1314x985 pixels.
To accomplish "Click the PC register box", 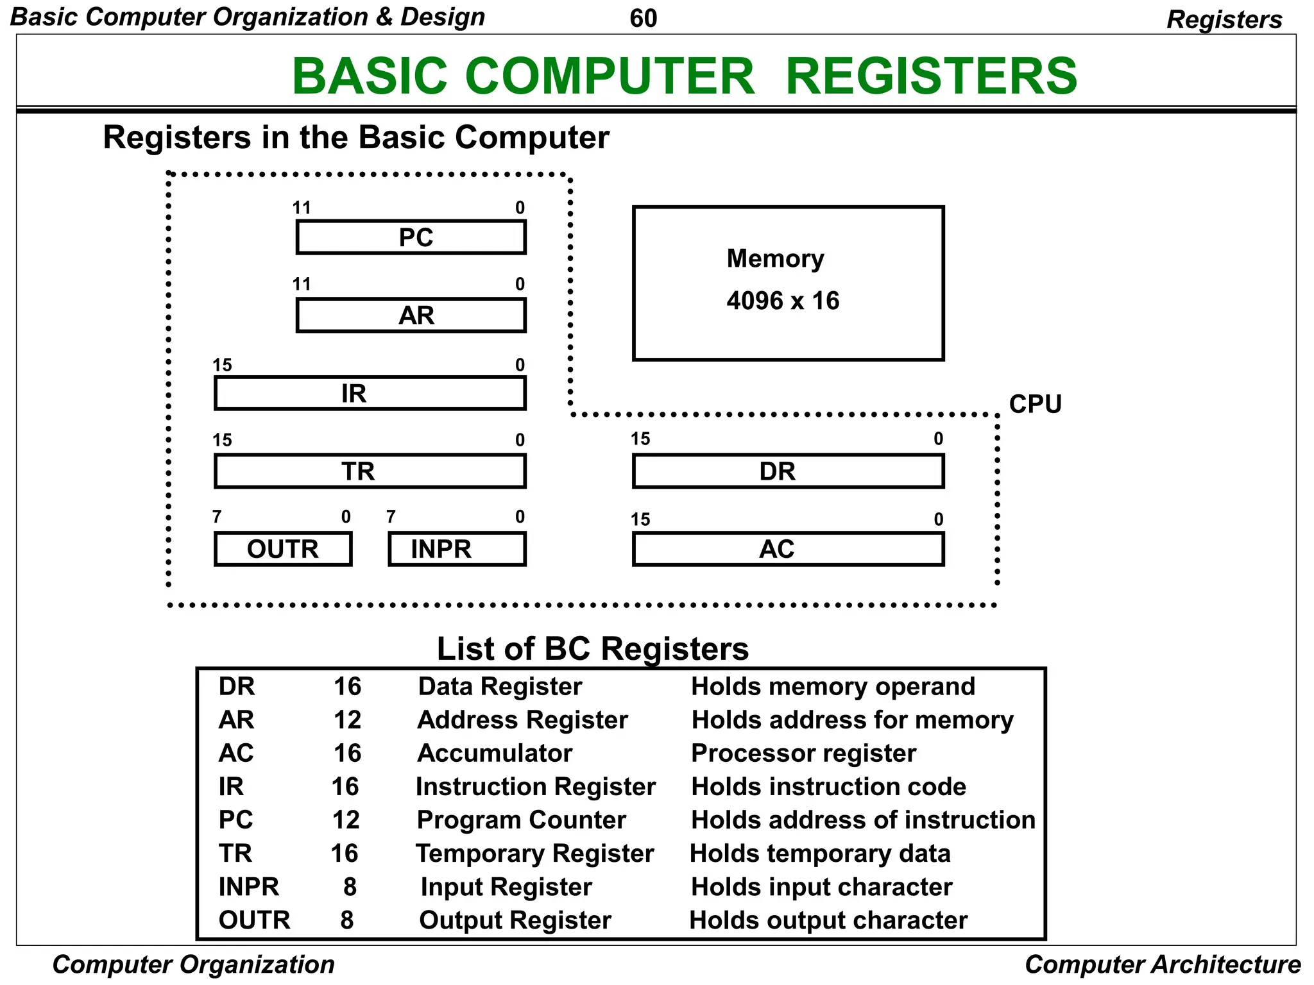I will pyautogui.click(x=411, y=237).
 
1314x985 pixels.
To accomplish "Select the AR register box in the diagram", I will pyautogui.click(x=411, y=315).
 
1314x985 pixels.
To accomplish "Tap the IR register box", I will pyautogui.click(x=370, y=393).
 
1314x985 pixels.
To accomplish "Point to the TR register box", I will pyautogui.click(x=370, y=471).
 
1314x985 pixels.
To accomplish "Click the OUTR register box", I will pyautogui.click(x=283, y=549).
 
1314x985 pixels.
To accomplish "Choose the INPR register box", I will pyautogui.click(x=457, y=549).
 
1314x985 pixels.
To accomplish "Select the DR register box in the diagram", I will pyautogui.click(x=788, y=471).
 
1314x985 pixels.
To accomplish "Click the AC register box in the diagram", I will pyautogui.click(x=788, y=549).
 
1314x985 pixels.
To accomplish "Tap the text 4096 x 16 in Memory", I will pyautogui.click(x=782, y=301).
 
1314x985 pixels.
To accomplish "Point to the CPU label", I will pyautogui.click(x=1035, y=404).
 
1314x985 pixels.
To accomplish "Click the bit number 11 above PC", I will pyautogui.click(x=302, y=208).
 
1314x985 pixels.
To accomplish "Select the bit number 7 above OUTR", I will pyautogui.click(x=217, y=517).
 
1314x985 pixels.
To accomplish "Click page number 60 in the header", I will pyautogui.click(x=643, y=18).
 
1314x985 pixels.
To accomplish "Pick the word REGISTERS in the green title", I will pyautogui.click(x=930, y=76).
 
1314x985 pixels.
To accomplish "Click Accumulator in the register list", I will pyautogui.click(x=494, y=753).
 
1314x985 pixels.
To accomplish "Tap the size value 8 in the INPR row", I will pyautogui.click(x=350, y=887).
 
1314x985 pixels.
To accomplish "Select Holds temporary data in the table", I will pyautogui.click(x=820, y=854).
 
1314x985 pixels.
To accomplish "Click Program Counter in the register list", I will pyautogui.click(x=521, y=820).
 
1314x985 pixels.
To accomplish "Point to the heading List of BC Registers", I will pyautogui.click(x=592, y=648).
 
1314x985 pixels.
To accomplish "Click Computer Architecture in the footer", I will pyautogui.click(x=1162, y=964).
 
